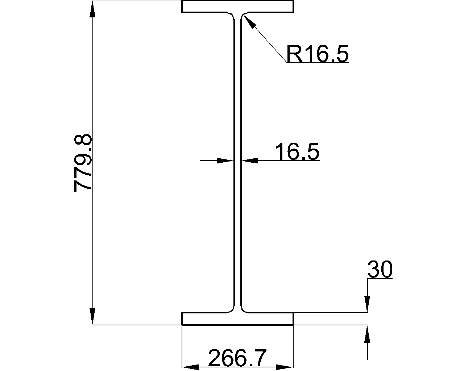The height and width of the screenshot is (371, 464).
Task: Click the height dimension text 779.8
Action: pos(83,163)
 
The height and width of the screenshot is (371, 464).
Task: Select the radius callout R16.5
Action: pos(318,54)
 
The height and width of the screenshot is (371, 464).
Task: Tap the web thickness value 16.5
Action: pos(297,151)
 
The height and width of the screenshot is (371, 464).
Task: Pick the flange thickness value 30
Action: pos(380,270)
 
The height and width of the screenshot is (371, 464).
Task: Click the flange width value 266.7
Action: pos(237,358)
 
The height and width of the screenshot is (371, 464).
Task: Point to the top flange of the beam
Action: pos(237,7)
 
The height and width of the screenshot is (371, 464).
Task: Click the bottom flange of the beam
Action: pos(237,318)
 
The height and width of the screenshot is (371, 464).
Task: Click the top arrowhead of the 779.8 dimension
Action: pos(92,10)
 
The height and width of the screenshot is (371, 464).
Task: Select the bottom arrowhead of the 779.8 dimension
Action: pos(92,316)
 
